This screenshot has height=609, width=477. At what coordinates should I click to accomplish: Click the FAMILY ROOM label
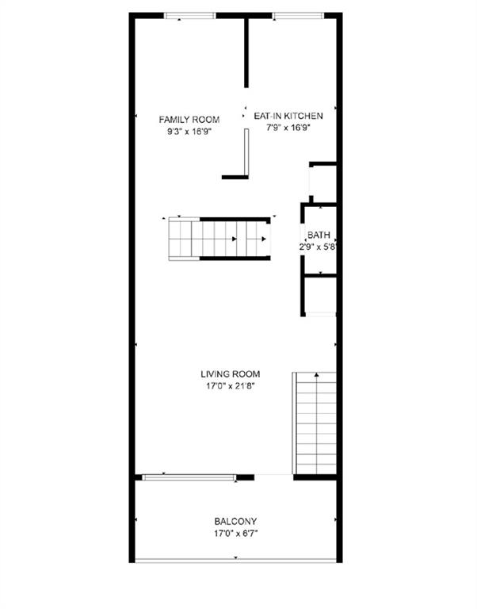[x=189, y=119]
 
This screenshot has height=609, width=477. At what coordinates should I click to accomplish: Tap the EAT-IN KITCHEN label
[x=288, y=116]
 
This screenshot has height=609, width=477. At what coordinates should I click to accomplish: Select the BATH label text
[x=319, y=235]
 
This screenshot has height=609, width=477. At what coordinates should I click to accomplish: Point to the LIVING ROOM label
[x=230, y=374]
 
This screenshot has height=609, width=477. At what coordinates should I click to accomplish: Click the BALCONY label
[x=235, y=521]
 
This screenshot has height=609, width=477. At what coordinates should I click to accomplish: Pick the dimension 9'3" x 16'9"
[x=189, y=132]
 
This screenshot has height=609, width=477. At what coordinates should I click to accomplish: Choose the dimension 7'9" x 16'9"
[x=288, y=128]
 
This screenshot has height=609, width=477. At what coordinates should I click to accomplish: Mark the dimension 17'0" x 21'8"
[x=230, y=386]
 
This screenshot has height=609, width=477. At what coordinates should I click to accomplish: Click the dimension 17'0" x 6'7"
[x=235, y=533]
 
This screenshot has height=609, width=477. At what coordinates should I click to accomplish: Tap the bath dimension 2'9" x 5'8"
[x=318, y=247]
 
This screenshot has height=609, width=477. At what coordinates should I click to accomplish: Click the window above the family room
[x=189, y=16]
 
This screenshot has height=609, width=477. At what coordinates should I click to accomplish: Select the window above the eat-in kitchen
[x=298, y=16]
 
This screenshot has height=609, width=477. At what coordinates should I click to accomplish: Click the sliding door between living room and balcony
[x=189, y=477]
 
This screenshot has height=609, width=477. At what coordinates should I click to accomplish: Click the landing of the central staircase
[x=180, y=239]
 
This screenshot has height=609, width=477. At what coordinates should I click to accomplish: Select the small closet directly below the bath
[x=321, y=295]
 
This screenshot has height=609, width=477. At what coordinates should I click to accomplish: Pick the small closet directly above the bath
[x=324, y=184]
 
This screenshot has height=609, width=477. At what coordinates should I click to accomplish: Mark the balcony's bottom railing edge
[x=235, y=561]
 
